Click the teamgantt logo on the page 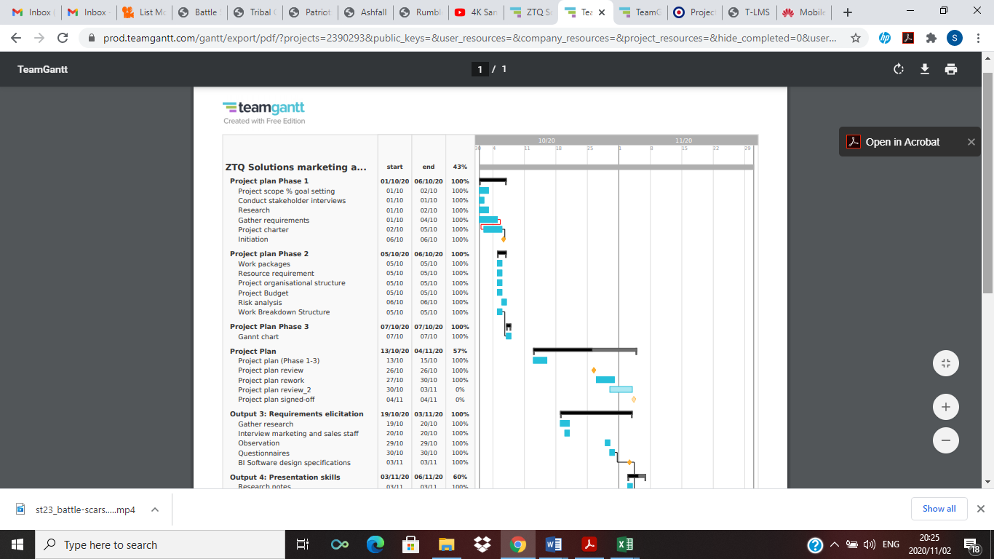tap(263, 108)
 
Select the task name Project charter tap(263, 230)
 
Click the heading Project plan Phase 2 tap(269, 254)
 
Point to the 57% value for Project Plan tap(460, 351)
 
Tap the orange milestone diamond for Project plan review tap(594, 370)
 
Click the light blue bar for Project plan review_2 tap(621, 389)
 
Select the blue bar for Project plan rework tap(605, 380)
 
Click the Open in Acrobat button tap(902, 142)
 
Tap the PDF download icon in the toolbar tap(925, 69)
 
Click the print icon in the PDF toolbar tap(951, 69)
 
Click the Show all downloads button tap(939, 509)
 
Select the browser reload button tap(63, 38)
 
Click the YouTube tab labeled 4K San tap(476, 12)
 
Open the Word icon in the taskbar tap(553, 544)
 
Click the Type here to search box tap(160, 544)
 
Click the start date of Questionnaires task tap(394, 453)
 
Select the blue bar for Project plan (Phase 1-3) tap(540, 360)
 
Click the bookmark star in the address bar tap(856, 38)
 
